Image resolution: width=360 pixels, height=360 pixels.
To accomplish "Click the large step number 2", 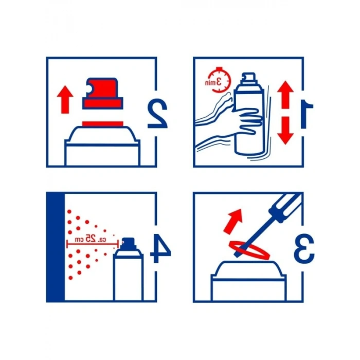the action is pyautogui.click(x=157, y=114).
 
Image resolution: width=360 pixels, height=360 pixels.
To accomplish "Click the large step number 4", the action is pyautogui.click(x=160, y=248).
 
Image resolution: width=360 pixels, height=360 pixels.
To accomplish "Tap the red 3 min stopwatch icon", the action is pyautogui.click(x=218, y=80).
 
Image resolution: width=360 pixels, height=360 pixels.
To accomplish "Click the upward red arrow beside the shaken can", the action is pyautogui.click(x=285, y=94).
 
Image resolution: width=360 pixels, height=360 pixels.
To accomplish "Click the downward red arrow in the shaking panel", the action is pyautogui.click(x=285, y=131).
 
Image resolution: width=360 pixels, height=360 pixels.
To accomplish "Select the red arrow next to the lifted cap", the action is pyautogui.click(x=65, y=99).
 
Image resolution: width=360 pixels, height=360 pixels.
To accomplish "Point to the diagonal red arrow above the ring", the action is pyautogui.click(x=233, y=221).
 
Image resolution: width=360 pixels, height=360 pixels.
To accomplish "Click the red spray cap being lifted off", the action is pyautogui.click(x=103, y=94).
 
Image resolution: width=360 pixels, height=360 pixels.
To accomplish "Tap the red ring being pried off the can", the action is pyautogui.click(x=249, y=250).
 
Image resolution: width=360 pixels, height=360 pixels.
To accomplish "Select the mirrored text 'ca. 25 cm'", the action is pyautogui.click(x=91, y=239).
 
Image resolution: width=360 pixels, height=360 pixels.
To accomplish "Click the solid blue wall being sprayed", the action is pyautogui.click(x=56, y=247).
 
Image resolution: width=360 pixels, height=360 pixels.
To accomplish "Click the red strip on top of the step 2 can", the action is pyautogui.click(x=103, y=124).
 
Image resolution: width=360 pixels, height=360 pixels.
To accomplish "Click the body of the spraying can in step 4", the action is pyautogui.click(x=129, y=276).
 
